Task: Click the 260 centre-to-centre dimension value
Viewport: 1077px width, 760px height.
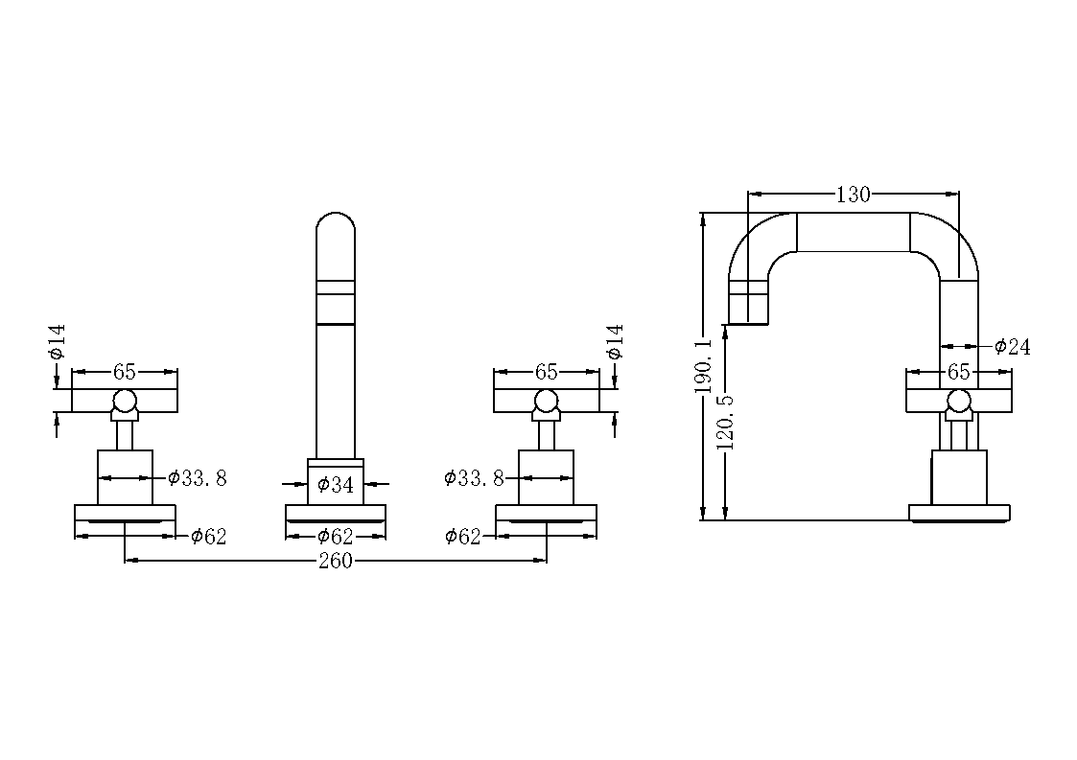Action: coord(336,561)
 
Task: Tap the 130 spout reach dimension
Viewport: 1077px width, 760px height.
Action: coord(854,195)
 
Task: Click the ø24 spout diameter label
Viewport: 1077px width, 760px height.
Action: coord(1013,347)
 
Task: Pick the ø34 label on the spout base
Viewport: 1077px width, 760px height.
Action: coord(336,485)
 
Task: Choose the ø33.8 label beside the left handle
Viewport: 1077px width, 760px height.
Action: coord(198,478)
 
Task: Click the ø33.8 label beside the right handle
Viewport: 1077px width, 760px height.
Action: coord(474,478)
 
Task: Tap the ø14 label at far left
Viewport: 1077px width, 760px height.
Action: coord(57,341)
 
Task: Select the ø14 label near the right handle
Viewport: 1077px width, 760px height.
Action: coord(616,341)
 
